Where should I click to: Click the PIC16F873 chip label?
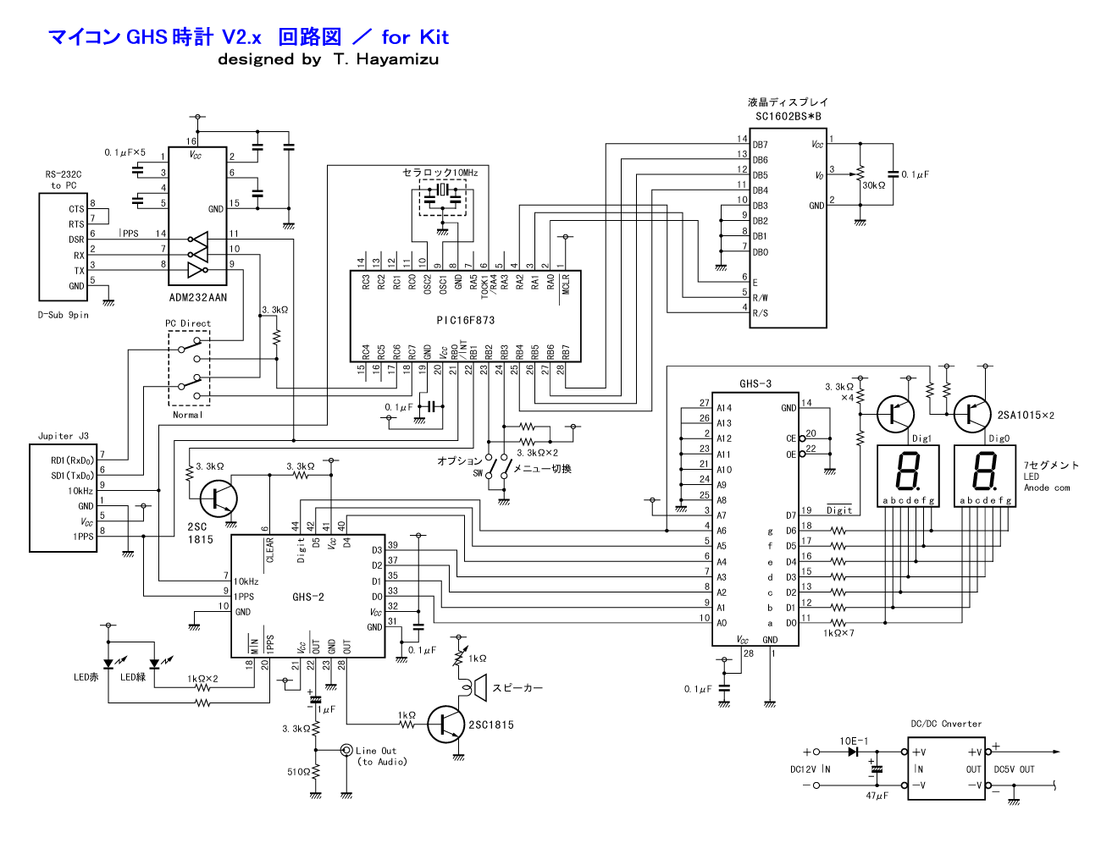click(x=465, y=320)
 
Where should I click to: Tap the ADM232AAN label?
click(x=198, y=297)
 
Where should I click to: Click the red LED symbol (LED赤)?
click(x=108, y=664)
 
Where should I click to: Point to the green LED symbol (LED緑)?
click(x=154, y=664)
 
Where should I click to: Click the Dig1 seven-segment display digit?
click(x=908, y=471)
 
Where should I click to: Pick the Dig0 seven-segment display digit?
click(x=984, y=471)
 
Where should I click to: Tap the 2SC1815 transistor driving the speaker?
click(x=446, y=725)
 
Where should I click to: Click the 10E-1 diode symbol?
click(x=853, y=752)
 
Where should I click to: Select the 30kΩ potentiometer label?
click(x=874, y=185)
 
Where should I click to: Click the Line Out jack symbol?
click(x=346, y=749)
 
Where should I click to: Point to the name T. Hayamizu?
click(x=386, y=59)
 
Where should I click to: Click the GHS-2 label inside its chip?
click(x=308, y=597)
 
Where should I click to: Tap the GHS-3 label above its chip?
click(x=755, y=383)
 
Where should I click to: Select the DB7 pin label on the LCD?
click(x=760, y=145)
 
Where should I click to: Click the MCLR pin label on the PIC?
click(x=566, y=284)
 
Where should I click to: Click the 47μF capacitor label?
click(x=877, y=796)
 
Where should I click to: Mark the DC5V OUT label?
click(x=1015, y=769)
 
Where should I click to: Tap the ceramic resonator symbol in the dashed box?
click(x=443, y=190)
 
